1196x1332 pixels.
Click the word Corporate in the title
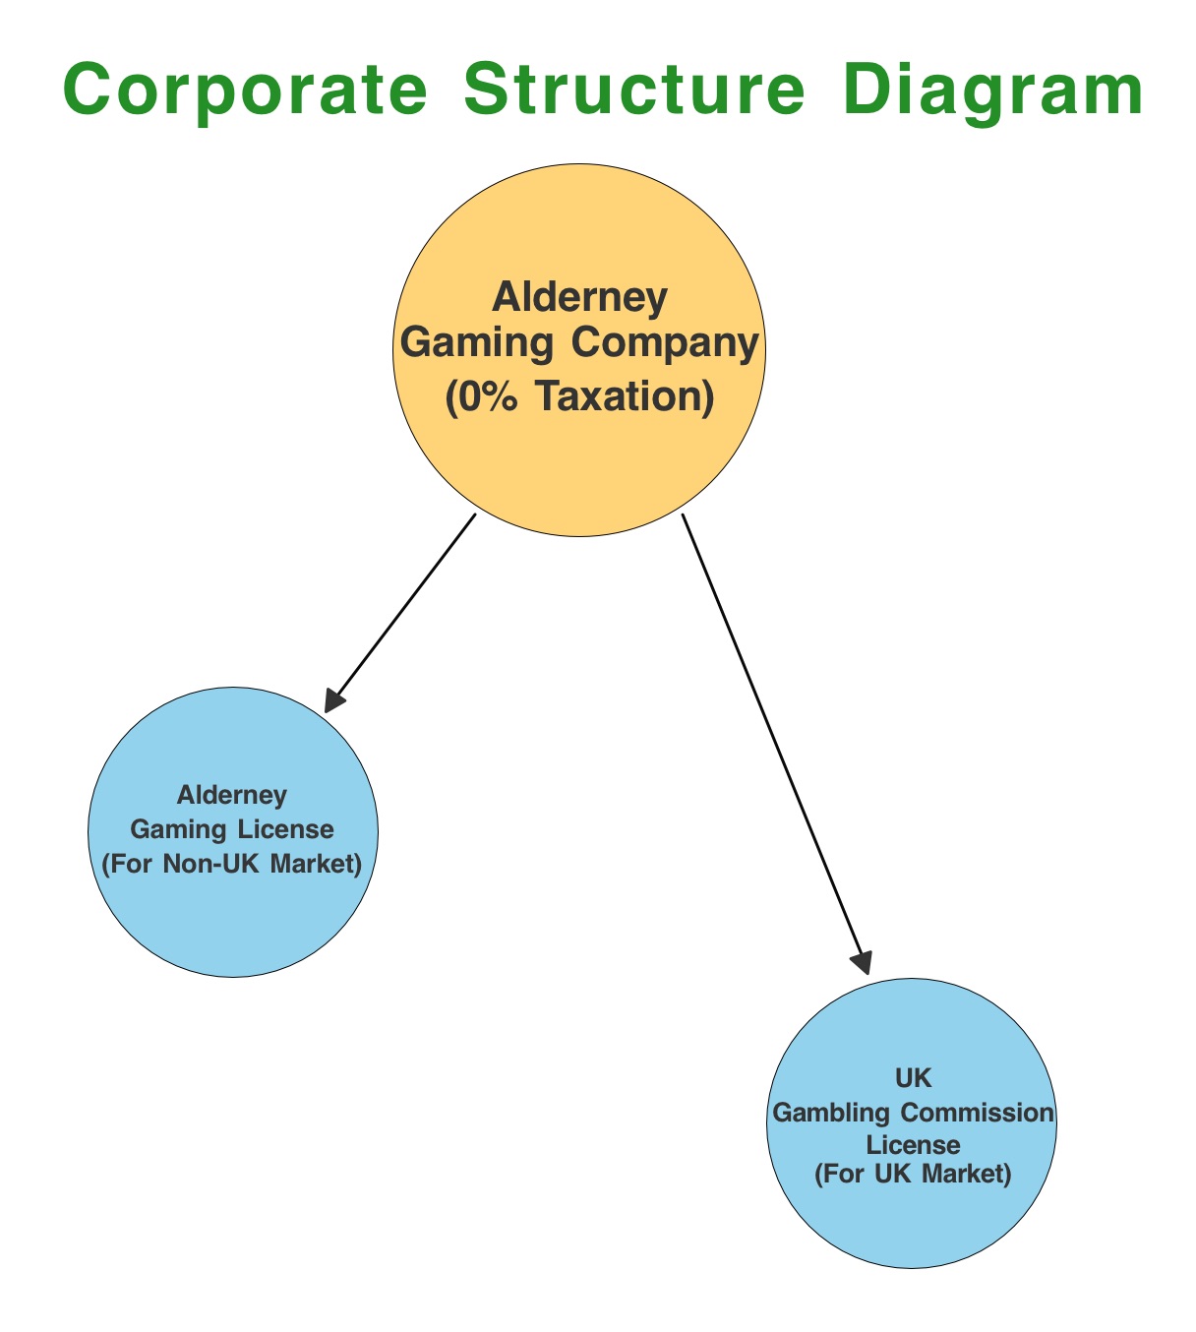click(245, 91)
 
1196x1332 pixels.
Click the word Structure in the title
click(636, 91)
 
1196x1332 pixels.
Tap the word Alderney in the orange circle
click(580, 296)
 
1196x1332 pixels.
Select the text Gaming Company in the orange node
click(580, 343)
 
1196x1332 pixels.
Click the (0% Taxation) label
click(580, 396)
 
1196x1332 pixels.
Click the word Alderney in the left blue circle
click(232, 794)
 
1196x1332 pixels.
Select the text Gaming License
click(232, 829)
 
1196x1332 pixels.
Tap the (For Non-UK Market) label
click(232, 865)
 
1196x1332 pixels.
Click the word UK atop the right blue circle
click(914, 1078)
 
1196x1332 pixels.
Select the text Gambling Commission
click(914, 1113)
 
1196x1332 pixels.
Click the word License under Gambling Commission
click(914, 1144)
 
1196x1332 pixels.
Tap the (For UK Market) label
click(914, 1174)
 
